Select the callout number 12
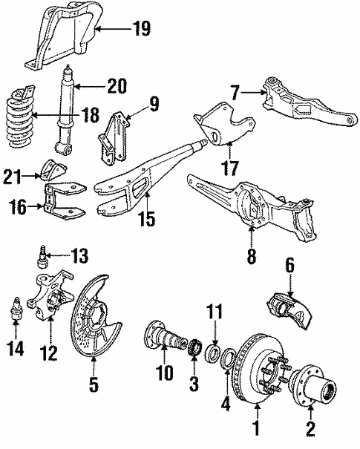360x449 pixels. point(49,353)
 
